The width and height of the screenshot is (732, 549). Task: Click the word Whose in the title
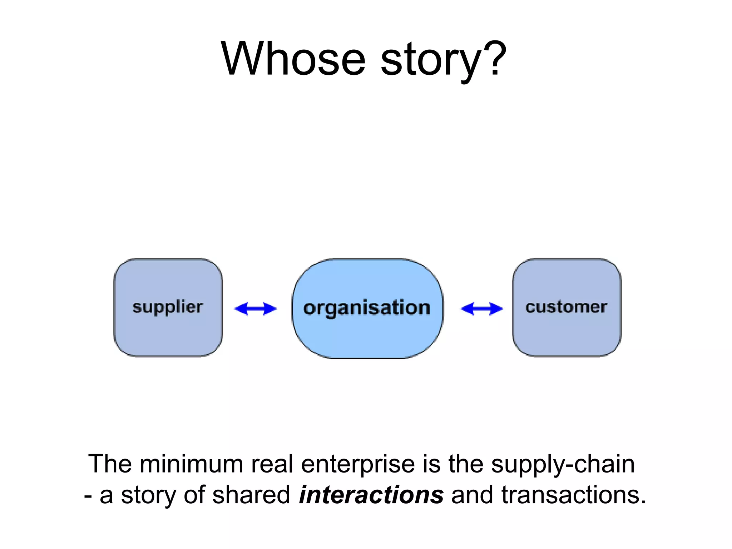click(293, 59)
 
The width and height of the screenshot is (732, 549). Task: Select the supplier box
click(168, 307)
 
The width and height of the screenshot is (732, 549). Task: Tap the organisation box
click(367, 308)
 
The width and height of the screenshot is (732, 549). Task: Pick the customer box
click(567, 307)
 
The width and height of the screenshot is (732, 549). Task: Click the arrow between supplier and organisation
click(255, 308)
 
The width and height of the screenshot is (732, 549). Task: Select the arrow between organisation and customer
click(481, 308)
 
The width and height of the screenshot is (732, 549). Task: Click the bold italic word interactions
click(371, 495)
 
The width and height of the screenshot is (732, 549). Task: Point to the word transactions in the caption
click(573, 495)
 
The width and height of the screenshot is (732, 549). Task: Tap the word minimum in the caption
click(191, 464)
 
